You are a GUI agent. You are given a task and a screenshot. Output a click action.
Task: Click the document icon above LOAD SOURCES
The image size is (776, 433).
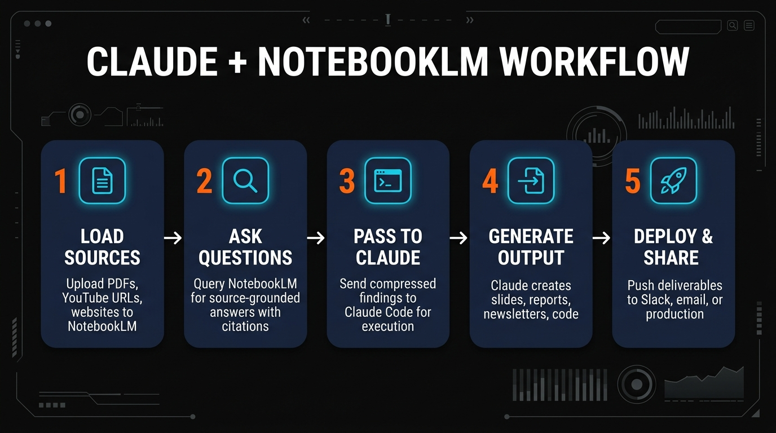coord(102,180)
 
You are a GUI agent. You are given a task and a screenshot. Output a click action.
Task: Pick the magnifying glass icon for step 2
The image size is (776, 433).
coord(245,180)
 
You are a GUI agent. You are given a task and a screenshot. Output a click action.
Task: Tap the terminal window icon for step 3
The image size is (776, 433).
coord(388,180)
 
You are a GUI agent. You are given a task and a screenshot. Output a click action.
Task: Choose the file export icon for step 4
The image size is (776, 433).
coord(531,180)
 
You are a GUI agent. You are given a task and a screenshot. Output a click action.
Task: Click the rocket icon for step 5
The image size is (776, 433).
coord(673,180)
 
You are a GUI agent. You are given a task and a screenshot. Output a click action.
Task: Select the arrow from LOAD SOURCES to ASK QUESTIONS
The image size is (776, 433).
coord(173,238)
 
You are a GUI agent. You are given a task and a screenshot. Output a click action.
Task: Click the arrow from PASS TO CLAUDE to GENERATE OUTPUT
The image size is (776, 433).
coord(458,238)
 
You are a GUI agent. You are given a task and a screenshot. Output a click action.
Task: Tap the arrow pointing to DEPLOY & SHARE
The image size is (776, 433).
coord(602,238)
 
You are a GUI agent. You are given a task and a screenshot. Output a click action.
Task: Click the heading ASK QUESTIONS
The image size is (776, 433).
coord(245,247)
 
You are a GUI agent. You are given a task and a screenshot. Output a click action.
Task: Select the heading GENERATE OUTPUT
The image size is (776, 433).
coord(531,247)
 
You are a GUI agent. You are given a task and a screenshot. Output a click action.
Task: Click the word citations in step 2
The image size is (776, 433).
coord(245,326)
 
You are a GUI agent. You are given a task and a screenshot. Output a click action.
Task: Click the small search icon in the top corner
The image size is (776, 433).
coord(732,25)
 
